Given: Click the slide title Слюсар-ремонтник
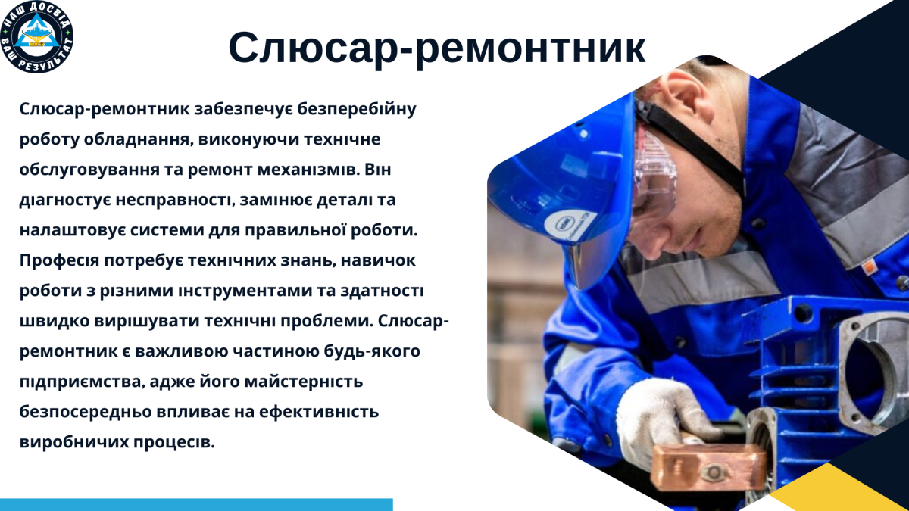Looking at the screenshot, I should coord(437,48).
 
